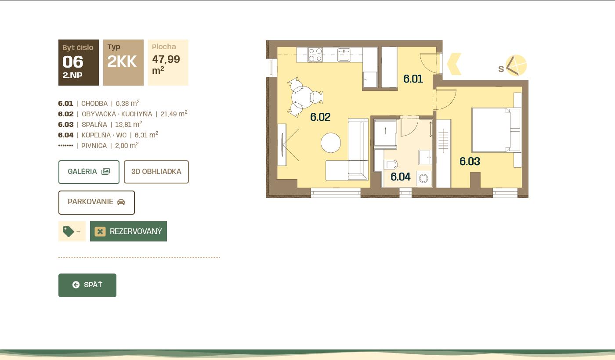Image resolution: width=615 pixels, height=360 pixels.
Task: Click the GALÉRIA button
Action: pyautogui.click(x=89, y=172)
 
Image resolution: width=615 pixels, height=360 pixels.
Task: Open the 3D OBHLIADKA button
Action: pyautogui.click(x=156, y=172)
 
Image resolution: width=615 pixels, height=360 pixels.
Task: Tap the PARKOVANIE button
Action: pyautogui.click(x=96, y=202)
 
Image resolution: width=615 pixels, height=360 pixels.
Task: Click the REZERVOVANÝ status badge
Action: pyautogui.click(x=128, y=231)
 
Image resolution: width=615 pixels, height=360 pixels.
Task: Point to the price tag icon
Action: pyautogui.click(x=69, y=231)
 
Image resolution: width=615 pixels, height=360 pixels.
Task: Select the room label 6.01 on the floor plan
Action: pyautogui.click(x=413, y=79)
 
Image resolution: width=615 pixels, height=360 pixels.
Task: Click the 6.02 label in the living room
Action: pyautogui.click(x=320, y=117)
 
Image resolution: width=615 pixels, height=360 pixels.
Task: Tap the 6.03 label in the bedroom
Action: pyautogui.click(x=470, y=162)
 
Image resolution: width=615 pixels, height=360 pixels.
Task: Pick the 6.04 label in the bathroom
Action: pyautogui.click(x=401, y=176)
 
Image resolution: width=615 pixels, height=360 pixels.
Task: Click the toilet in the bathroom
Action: pyautogui.click(x=391, y=165)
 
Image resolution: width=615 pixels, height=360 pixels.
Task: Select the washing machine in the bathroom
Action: pyautogui.click(x=423, y=178)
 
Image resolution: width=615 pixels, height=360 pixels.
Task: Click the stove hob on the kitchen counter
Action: pyautogui.click(x=315, y=55)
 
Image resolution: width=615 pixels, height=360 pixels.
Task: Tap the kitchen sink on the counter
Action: pyautogui.click(x=344, y=55)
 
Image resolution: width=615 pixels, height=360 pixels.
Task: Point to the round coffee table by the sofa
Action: pyautogui.click(x=330, y=143)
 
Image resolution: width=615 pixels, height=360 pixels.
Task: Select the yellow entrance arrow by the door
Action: pyautogui.click(x=454, y=64)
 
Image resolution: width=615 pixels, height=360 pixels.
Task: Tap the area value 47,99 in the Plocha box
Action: pyautogui.click(x=166, y=59)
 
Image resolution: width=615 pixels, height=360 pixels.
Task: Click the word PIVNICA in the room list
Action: pyautogui.click(x=94, y=146)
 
